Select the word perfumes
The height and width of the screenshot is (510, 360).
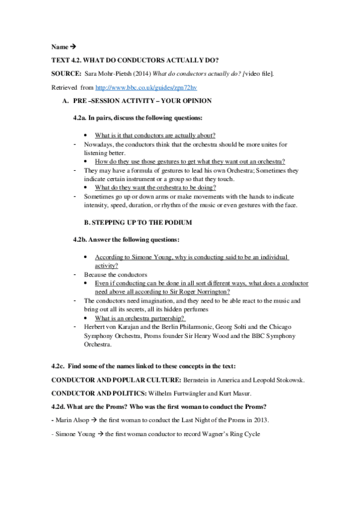(x=183, y=309)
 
